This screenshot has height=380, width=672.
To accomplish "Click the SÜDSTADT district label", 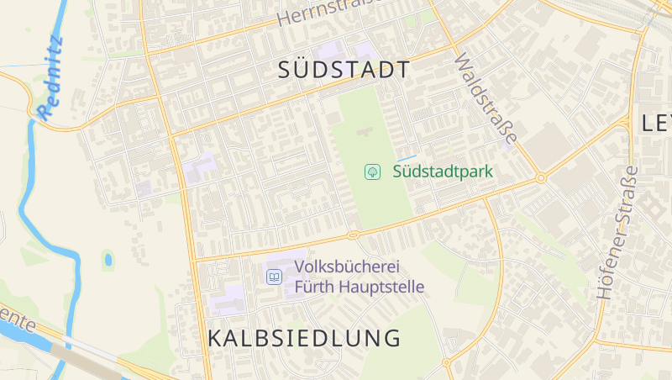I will (344, 70).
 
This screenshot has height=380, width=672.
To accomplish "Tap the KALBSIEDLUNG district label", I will (303, 339).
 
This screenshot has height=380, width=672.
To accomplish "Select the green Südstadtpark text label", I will (442, 172).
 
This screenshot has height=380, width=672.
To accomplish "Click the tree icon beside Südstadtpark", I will (371, 172).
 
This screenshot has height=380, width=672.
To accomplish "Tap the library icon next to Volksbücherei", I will (274, 277).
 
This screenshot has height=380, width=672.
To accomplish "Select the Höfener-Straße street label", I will (617, 233).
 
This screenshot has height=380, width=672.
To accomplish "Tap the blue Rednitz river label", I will (51, 75).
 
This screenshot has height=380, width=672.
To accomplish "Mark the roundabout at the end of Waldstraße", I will (541, 178).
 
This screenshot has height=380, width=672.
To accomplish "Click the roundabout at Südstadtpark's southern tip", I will (354, 235).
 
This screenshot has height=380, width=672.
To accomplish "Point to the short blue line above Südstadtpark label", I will (407, 157).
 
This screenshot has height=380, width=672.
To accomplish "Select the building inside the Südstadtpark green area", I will (365, 132).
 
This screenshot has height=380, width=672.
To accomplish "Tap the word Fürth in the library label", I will (312, 287).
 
